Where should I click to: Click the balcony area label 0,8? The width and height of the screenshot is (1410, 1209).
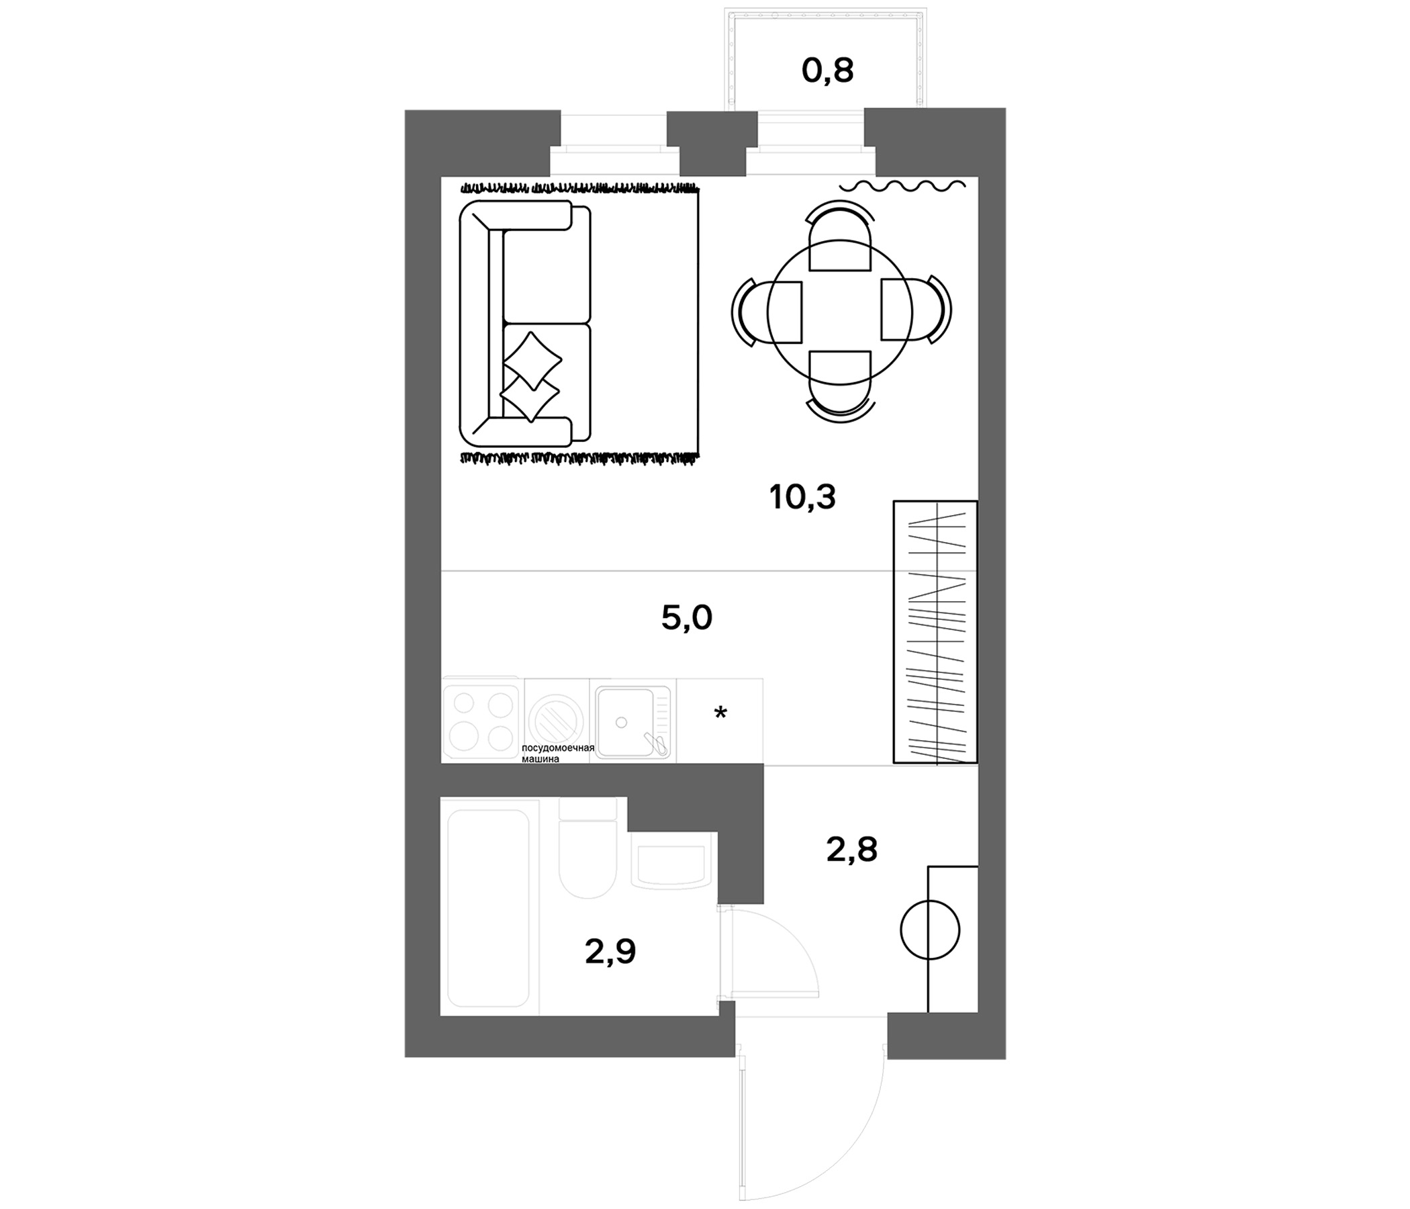click(827, 71)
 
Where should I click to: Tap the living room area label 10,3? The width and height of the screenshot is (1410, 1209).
click(802, 498)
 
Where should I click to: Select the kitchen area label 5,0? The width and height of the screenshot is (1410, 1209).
click(687, 618)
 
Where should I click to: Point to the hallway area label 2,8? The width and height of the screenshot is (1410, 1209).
click(852, 850)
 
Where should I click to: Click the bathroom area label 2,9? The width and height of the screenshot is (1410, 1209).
click(610, 952)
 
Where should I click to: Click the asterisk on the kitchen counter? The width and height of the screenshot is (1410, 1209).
click(720, 713)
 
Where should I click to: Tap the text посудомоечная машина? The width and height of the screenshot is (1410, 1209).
click(558, 754)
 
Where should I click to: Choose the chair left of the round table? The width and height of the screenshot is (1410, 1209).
click(767, 311)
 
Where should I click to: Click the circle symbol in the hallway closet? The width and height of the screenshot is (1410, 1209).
click(929, 929)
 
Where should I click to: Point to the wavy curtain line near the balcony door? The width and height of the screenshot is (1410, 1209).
click(902, 185)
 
